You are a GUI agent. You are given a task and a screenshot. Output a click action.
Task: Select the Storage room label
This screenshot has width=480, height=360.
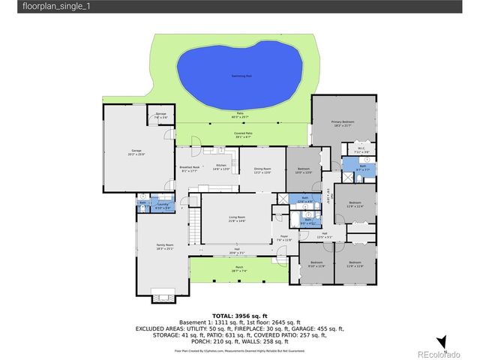[160, 115]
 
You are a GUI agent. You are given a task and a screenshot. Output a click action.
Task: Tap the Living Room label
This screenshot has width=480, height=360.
[237, 218]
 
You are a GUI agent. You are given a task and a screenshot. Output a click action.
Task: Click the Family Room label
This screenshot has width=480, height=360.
[164, 247]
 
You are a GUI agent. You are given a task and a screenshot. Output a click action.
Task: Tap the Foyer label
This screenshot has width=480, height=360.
[284, 238]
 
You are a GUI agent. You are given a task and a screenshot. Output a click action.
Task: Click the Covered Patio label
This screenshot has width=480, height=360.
[244, 135]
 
